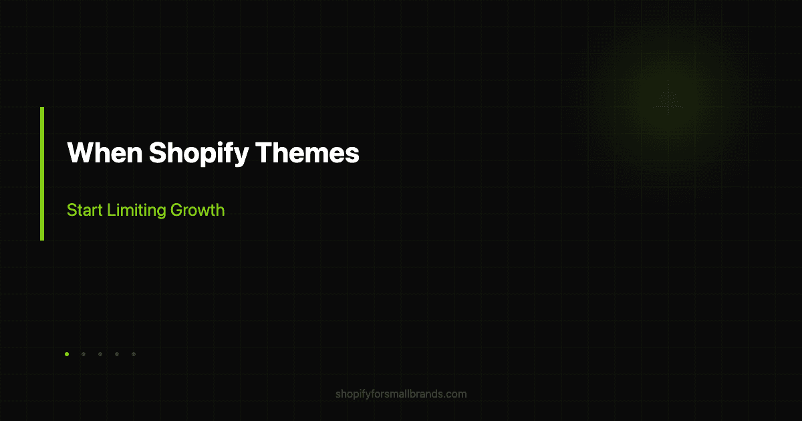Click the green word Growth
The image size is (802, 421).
click(198, 210)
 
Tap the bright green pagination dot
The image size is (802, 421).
click(67, 354)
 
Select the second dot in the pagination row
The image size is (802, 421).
click(84, 354)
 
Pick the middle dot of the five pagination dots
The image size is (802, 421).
click(100, 354)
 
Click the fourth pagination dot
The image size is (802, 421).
click(117, 354)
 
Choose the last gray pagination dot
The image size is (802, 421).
click(134, 354)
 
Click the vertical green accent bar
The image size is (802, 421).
click(42, 174)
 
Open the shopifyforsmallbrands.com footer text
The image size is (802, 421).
click(401, 394)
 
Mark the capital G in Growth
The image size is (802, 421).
click(177, 210)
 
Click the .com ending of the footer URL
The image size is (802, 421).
click(456, 394)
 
